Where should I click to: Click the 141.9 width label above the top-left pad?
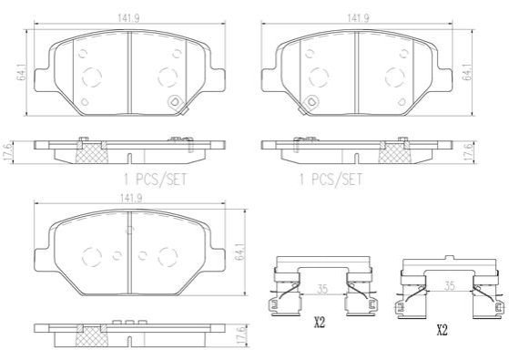(128, 19)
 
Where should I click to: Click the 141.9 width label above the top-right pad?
(359, 18)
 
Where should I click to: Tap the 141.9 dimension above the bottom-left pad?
(131, 198)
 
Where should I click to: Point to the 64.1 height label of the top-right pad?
(467, 72)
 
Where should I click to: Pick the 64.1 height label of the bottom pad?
(242, 251)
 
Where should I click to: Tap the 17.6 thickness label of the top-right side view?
(467, 151)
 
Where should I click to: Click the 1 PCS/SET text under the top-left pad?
(155, 179)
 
